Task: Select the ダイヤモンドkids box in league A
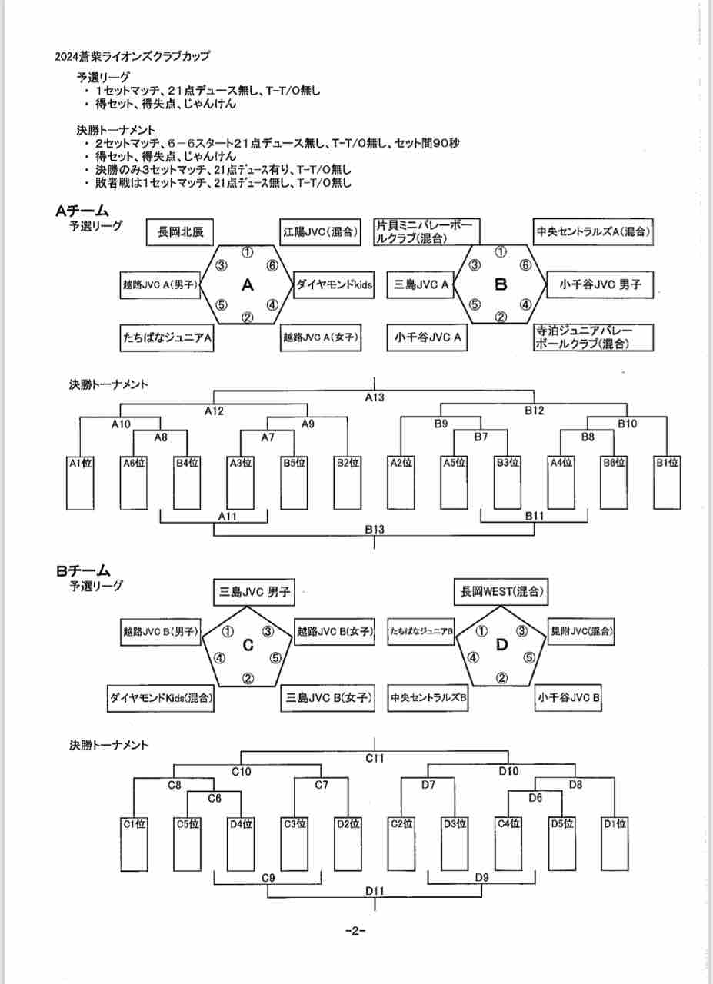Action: (x=335, y=285)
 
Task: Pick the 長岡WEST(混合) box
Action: (x=502, y=592)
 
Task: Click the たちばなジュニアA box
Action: (x=167, y=337)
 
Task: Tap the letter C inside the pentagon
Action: (x=248, y=646)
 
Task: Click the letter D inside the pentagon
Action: (x=501, y=646)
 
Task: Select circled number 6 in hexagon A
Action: (x=272, y=265)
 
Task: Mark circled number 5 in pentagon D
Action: (x=529, y=657)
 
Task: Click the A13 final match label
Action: (x=375, y=397)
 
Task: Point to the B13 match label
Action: (x=375, y=530)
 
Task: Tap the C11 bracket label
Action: (x=375, y=758)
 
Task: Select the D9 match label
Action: (x=482, y=877)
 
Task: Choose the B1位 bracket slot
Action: (x=667, y=482)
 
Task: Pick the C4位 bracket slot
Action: (x=508, y=843)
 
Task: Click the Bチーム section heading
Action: (x=82, y=571)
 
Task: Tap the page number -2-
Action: (x=355, y=931)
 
